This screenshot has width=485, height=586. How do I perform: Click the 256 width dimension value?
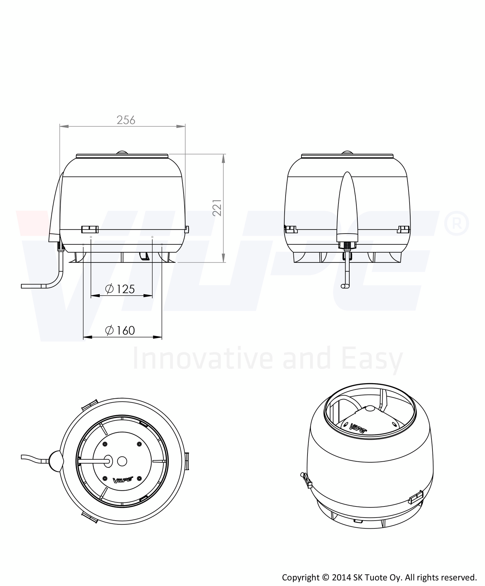(126, 120)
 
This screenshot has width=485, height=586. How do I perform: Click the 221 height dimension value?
(217, 208)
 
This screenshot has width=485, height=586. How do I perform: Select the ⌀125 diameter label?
(120, 289)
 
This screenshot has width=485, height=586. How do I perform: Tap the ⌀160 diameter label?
(120, 330)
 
